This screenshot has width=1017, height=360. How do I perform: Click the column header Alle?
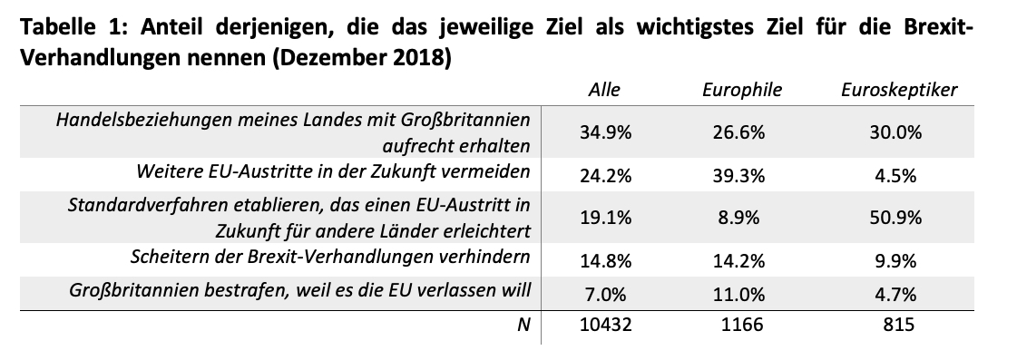point(604,90)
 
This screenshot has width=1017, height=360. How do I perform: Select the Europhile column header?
point(742,90)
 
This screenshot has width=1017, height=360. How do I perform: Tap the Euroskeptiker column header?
point(899,90)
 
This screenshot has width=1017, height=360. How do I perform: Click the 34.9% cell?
point(604,132)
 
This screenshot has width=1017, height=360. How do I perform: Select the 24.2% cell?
point(604,176)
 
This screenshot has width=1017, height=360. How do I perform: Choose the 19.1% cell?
point(604,218)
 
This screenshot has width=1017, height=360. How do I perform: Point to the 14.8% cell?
point(604,261)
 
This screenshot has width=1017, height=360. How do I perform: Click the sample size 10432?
point(604,324)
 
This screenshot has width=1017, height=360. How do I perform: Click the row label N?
point(524,324)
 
